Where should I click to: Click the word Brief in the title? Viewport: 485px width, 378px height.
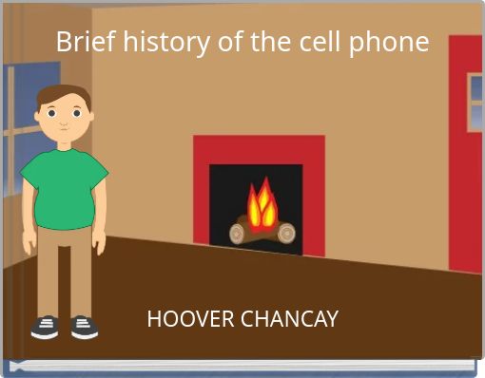(79, 43)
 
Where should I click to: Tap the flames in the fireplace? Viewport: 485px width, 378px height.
(262, 204)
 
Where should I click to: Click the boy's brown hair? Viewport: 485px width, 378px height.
(65, 94)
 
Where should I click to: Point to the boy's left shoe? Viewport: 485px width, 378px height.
(85, 328)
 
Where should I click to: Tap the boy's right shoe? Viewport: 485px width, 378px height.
(45, 328)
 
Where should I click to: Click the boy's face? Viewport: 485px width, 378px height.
(65, 119)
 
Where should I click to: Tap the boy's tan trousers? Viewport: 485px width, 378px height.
(65, 266)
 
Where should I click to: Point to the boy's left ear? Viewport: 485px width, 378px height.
(92, 116)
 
